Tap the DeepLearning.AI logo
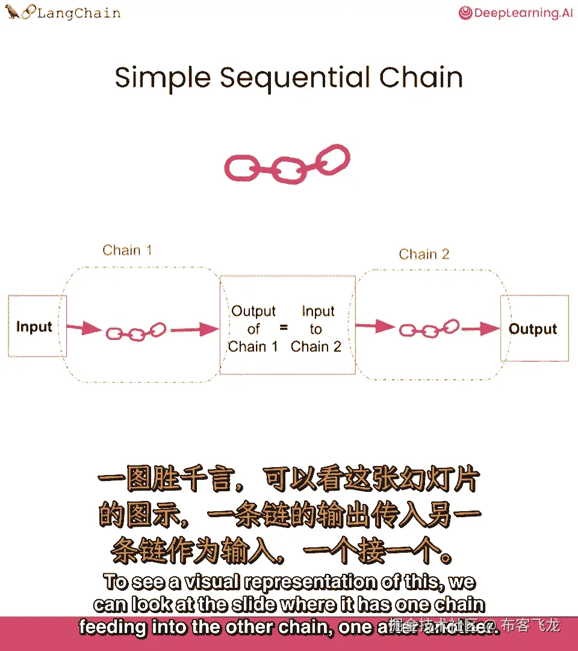point(516,13)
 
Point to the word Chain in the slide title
point(421,78)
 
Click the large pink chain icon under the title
point(287,163)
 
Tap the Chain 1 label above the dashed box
point(127,250)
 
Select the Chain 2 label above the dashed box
point(424,254)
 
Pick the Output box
point(533,329)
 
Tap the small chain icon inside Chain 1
point(136,331)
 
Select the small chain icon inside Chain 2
point(430,329)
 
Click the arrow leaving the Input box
point(84,328)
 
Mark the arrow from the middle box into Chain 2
point(374,327)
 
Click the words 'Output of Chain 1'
point(253,329)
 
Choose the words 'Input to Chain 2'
point(316,329)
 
